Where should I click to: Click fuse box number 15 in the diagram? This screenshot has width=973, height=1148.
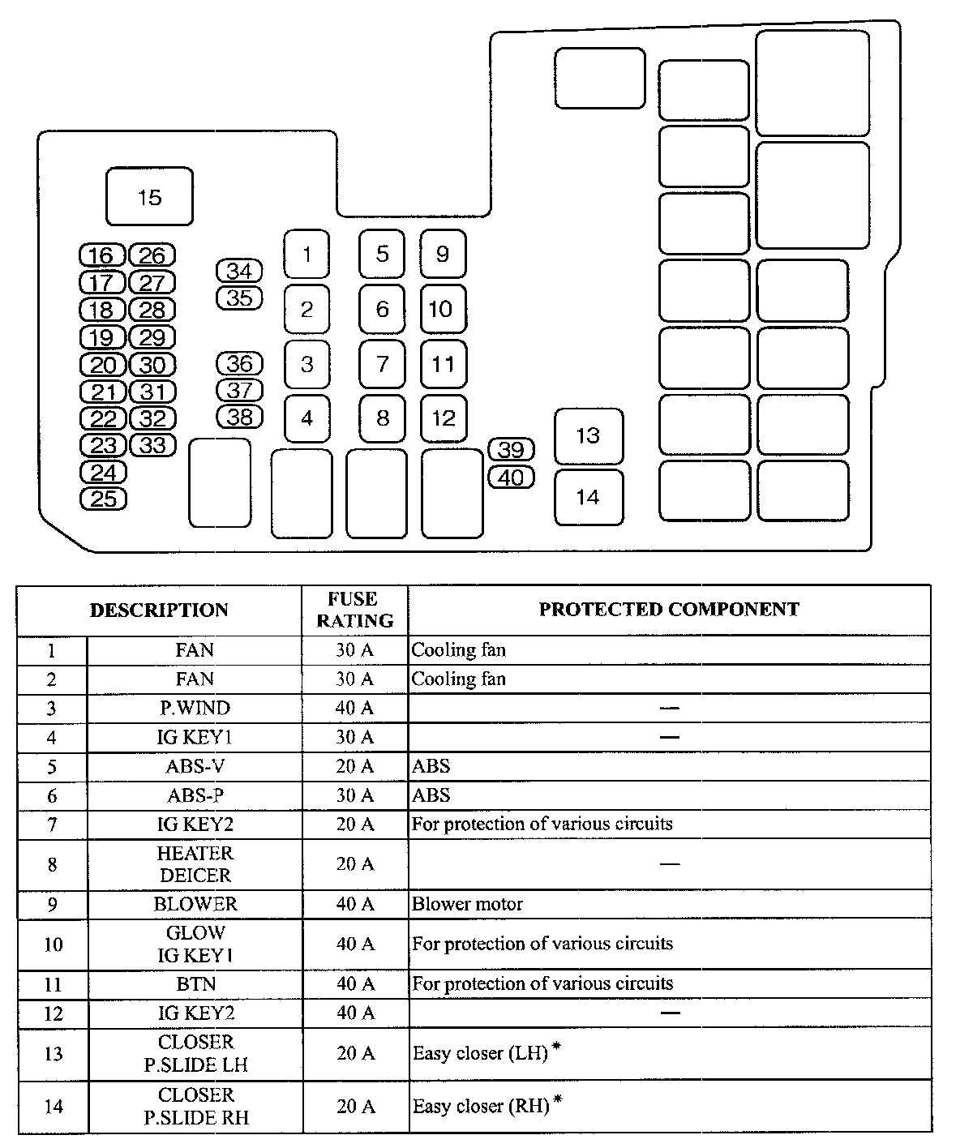click(x=150, y=197)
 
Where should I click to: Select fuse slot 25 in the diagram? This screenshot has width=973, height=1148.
click(x=104, y=499)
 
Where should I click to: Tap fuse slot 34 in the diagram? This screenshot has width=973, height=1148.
click(x=239, y=271)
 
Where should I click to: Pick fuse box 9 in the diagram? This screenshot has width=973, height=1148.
click(x=443, y=254)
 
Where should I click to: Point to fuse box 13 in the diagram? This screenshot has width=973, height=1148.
click(x=588, y=436)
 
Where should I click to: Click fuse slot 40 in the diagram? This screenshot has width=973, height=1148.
click(x=511, y=478)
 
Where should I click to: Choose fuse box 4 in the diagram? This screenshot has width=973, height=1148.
click(x=306, y=418)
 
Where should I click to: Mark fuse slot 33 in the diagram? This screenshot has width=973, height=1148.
click(x=152, y=445)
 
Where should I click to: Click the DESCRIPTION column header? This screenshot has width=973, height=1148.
click(x=159, y=610)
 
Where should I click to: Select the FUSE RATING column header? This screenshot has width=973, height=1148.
click(x=354, y=610)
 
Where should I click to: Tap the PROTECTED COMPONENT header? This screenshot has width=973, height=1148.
click(x=669, y=609)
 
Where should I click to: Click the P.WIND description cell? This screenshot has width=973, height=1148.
click(x=195, y=708)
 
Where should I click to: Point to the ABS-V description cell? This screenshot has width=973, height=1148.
click(x=195, y=766)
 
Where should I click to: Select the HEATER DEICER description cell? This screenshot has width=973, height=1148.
click(x=195, y=864)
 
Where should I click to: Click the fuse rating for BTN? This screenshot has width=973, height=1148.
click(x=355, y=983)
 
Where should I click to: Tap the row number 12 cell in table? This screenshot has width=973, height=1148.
click(x=52, y=1013)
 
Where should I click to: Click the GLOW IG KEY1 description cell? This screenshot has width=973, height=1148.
click(x=195, y=944)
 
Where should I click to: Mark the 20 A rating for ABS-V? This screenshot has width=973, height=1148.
click(x=355, y=766)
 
